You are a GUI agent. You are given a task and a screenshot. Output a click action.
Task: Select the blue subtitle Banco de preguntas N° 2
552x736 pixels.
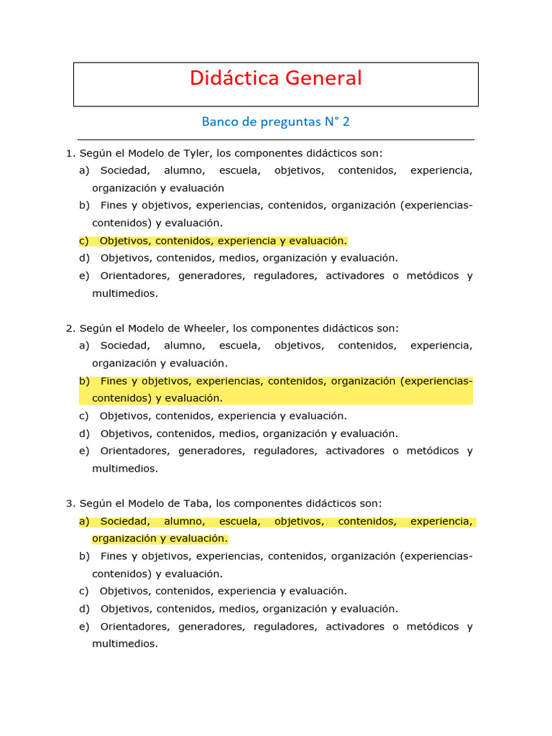275,121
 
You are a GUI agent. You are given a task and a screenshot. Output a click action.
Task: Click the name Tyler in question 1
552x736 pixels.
193,153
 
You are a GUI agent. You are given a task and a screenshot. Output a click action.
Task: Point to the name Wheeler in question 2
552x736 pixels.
203,328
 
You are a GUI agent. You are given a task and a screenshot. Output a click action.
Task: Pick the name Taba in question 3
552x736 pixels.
194,504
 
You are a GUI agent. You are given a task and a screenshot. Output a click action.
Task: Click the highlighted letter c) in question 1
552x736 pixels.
84,241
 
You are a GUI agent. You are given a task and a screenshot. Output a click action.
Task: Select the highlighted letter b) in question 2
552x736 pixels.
84,381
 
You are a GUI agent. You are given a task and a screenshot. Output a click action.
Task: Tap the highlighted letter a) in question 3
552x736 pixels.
84,521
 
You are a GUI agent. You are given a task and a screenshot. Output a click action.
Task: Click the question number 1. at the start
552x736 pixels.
70,153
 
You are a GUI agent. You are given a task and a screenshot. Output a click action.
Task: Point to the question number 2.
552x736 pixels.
70,328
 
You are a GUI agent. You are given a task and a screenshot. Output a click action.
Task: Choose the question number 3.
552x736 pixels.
70,504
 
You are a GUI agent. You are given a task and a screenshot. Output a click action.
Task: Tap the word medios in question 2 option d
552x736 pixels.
244,433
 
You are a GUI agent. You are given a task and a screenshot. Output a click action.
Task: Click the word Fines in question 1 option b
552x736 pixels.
114,206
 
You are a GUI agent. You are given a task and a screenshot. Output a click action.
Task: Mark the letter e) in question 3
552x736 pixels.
84,627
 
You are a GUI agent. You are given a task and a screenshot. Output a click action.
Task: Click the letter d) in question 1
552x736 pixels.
84,258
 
